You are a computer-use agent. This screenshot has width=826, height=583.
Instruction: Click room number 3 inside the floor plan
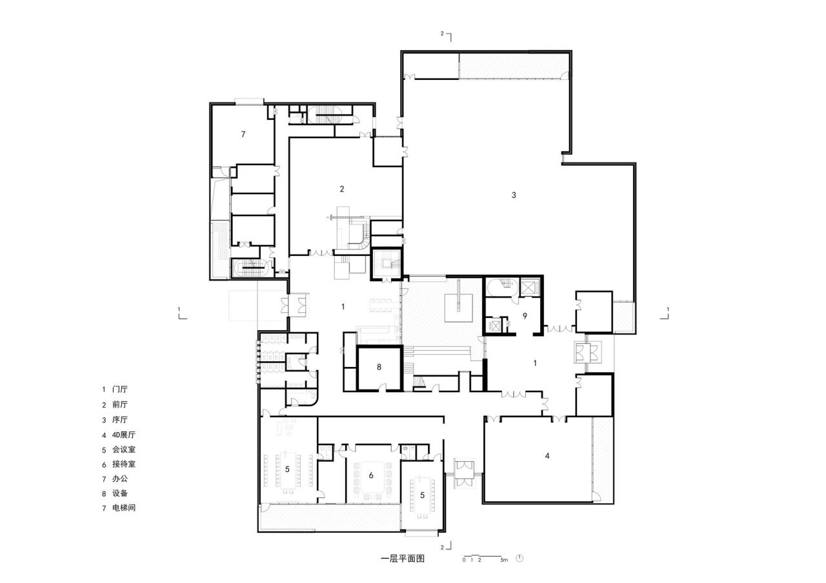click(x=514, y=195)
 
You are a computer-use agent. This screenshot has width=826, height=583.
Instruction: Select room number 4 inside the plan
click(x=547, y=456)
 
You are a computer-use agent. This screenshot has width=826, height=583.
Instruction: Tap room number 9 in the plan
click(x=525, y=316)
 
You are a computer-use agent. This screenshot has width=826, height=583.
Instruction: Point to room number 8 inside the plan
click(x=379, y=367)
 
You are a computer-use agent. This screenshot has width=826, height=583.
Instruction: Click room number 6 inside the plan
click(x=371, y=475)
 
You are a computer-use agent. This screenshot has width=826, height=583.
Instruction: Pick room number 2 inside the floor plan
click(x=342, y=189)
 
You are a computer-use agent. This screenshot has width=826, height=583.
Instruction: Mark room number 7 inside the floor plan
click(x=243, y=134)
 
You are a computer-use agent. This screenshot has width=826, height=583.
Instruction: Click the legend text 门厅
click(x=120, y=390)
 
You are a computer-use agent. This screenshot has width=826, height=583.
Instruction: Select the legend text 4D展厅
click(x=123, y=435)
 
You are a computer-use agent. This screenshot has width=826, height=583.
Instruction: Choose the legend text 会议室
click(x=123, y=450)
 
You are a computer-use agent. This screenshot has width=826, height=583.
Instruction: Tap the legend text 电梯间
click(x=123, y=508)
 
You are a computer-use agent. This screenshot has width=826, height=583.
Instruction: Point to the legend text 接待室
click(x=123, y=464)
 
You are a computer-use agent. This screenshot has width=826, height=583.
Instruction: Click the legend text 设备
click(x=120, y=493)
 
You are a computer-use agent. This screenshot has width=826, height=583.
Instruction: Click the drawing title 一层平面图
click(x=403, y=559)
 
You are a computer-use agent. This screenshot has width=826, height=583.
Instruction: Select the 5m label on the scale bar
click(x=504, y=560)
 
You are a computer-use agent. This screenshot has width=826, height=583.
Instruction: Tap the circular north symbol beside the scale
click(x=519, y=558)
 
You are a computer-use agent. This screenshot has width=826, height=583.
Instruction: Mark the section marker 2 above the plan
click(x=443, y=33)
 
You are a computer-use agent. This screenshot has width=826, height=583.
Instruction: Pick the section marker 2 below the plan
click(x=443, y=547)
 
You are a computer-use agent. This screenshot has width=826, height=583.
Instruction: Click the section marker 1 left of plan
click(x=179, y=309)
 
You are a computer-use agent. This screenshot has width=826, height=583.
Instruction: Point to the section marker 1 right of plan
click(x=667, y=309)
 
